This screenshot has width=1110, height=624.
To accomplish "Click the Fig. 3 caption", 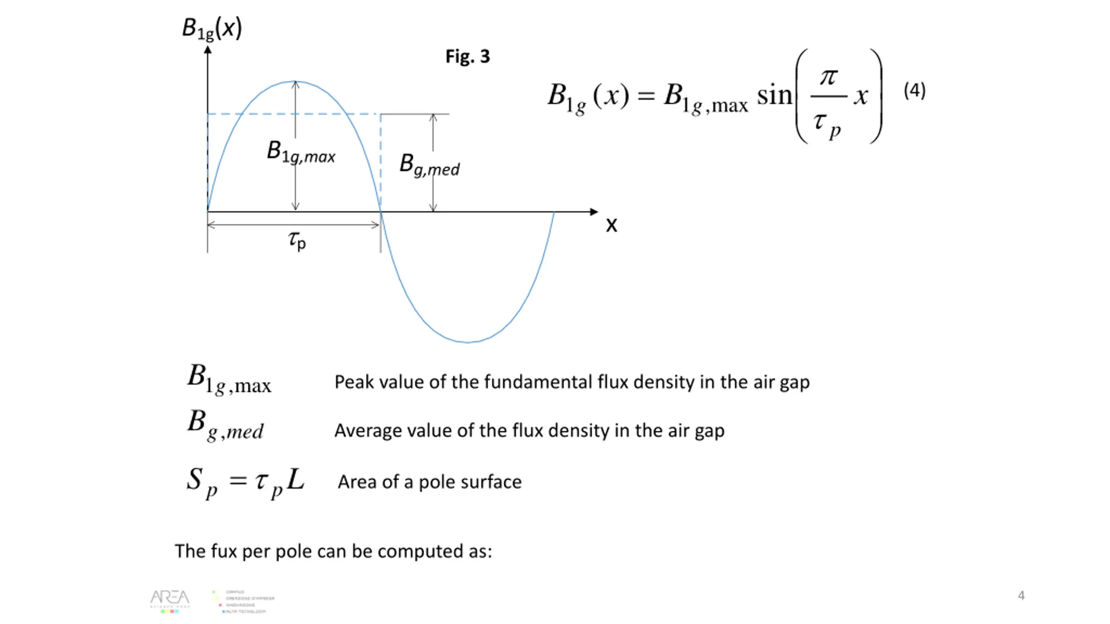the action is [x=467, y=57].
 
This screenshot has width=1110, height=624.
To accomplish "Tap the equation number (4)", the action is [x=914, y=91].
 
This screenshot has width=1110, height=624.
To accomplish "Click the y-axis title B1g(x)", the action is [x=212, y=29].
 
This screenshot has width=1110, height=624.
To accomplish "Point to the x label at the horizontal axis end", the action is [x=611, y=225].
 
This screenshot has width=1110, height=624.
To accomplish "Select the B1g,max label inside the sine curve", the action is [x=301, y=152].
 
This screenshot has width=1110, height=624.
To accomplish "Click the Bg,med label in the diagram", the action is [x=429, y=165].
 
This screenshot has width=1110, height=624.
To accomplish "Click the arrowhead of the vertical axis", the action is [x=208, y=50].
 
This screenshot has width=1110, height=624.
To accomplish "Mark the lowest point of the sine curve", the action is [x=467, y=342].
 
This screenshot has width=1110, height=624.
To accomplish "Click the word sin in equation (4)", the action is [x=774, y=95].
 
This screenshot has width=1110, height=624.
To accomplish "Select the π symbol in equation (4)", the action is [x=829, y=77].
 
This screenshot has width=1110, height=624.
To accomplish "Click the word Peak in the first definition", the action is [x=353, y=382].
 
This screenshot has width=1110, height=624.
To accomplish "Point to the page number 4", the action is [x=1021, y=595].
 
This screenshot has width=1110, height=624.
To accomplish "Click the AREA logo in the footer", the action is [x=170, y=600].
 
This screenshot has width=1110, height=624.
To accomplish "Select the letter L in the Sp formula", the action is [x=296, y=479].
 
